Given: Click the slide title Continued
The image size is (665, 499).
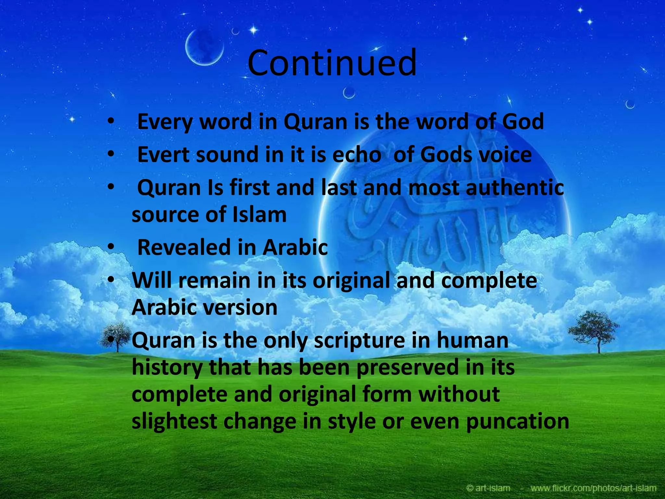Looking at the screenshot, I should pos(332,63).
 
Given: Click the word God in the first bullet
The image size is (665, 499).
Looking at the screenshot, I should pos(522,122).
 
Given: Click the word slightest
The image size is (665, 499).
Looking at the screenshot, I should pos(174,421).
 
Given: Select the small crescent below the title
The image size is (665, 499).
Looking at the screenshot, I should pos(349,93).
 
